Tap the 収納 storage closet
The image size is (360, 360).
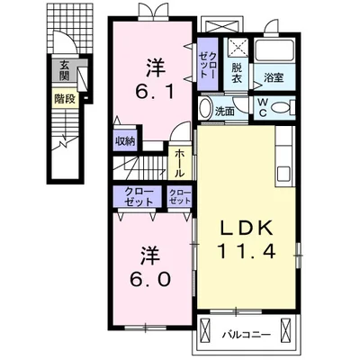pyautogui.click(x=125, y=141)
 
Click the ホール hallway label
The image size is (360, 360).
pyautogui.click(x=180, y=163)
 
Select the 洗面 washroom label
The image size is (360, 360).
pyautogui.click(x=226, y=111)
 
